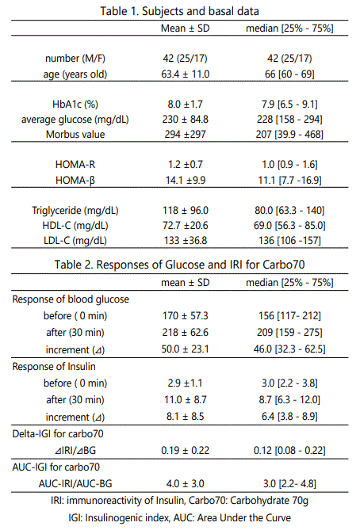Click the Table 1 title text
click(x=179, y=11)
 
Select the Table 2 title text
click(x=179, y=265)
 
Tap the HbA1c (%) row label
click(x=75, y=104)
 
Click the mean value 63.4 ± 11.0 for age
click(x=185, y=74)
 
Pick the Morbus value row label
click(x=75, y=134)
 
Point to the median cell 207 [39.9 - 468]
click(x=289, y=134)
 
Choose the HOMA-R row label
click(x=75, y=165)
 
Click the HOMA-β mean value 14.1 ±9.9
click(x=185, y=180)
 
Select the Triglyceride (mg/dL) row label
click(x=75, y=211)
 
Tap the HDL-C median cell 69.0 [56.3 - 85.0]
click(x=289, y=226)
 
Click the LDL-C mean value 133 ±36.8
click(x=185, y=241)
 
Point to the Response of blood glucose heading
click(x=71, y=299)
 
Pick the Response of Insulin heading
click(x=54, y=367)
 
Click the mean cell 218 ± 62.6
click(x=185, y=332)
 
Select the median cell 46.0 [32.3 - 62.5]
click(x=289, y=349)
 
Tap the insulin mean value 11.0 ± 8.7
click(x=185, y=399)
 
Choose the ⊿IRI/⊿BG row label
click(x=75, y=450)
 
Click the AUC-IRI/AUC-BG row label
click(x=75, y=484)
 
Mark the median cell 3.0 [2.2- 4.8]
click(x=289, y=484)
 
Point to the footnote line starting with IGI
click(x=179, y=518)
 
